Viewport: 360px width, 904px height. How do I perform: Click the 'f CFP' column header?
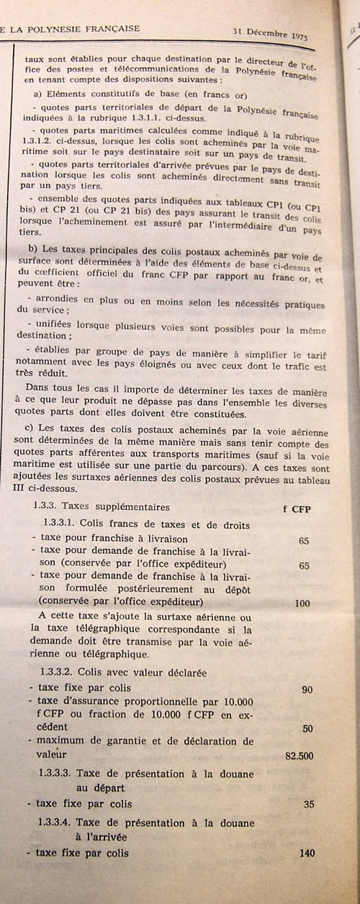point(295,508)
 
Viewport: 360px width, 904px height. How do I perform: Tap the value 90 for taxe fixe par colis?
point(307,689)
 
